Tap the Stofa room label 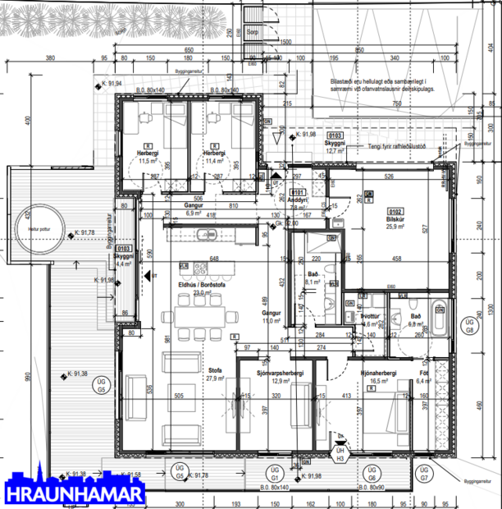pyautogui.click(x=215, y=368)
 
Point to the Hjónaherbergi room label pyautogui.click(x=378, y=374)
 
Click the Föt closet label pyautogui.click(x=424, y=374)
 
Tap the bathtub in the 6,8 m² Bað pyautogui.click(x=438, y=321)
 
